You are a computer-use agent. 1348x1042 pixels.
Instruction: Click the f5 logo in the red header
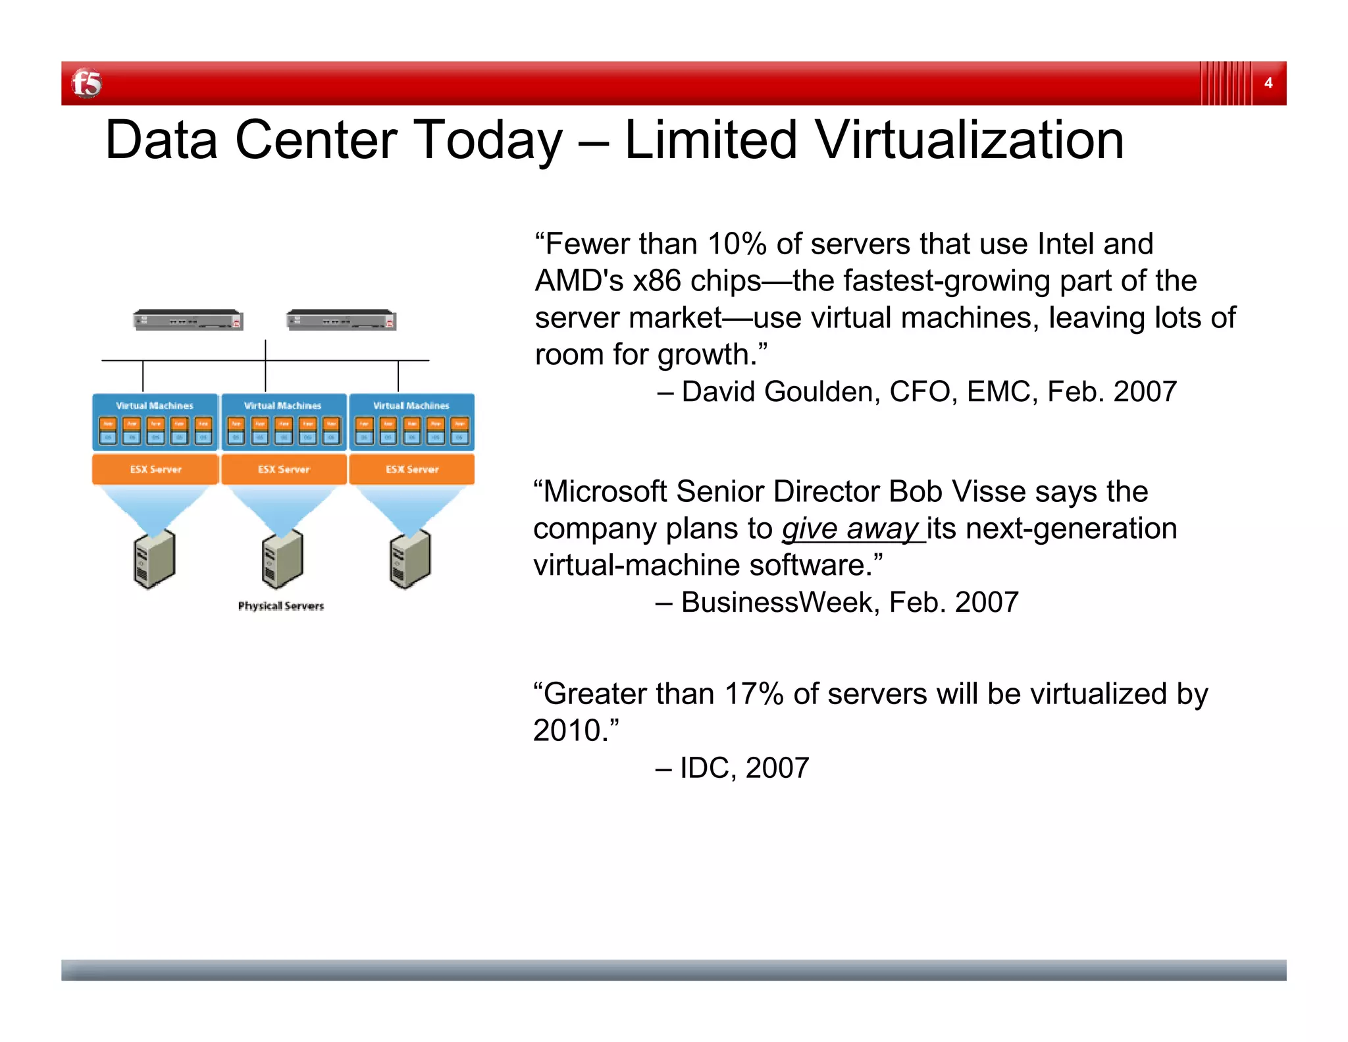87,84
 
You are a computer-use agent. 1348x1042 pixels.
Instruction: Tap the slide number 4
1268,83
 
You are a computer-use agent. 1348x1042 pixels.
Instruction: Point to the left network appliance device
188,320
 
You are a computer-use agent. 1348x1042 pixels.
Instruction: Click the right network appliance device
341,320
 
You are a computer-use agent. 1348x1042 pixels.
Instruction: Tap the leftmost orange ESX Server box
155,469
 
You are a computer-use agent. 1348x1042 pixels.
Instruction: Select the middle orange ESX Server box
284,469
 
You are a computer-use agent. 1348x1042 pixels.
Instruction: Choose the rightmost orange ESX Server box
411,469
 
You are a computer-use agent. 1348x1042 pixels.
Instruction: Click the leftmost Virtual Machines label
155,406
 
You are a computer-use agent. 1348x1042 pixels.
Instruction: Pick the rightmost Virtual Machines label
411,406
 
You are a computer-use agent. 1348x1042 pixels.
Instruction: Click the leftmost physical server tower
155,559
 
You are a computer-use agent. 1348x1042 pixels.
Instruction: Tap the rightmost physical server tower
410,559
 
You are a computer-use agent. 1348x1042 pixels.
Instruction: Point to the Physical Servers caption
281,606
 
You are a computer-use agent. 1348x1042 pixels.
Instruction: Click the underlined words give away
850,529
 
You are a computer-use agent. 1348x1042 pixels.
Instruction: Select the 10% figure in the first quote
737,244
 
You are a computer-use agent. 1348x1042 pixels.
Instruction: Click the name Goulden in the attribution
827,392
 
